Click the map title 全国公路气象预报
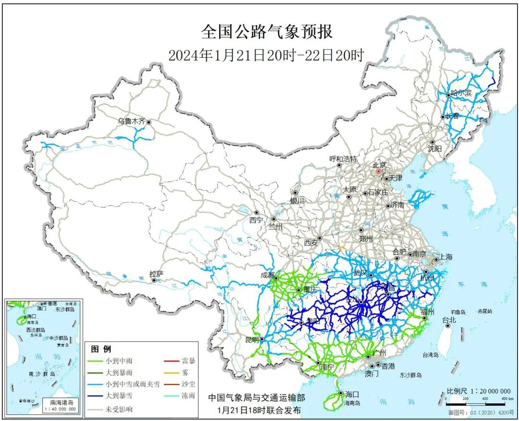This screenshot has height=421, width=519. click(267, 32)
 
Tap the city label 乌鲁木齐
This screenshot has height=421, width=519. click(131, 122)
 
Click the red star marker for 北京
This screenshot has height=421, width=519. click(378, 171)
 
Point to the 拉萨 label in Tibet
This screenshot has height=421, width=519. click(156, 274)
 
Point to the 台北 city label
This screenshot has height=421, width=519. click(449, 320)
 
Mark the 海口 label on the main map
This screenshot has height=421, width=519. click(350, 394)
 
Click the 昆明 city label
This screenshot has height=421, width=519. click(252, 339)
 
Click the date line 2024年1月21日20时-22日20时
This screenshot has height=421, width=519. click(266, 55)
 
